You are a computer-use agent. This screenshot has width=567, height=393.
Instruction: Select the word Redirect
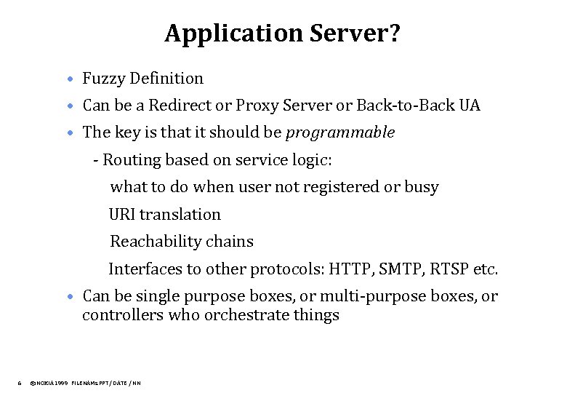[x=179, y=106]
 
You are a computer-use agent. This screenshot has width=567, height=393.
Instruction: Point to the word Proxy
[x=252, y=106]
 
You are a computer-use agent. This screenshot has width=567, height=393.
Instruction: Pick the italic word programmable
[x=340, y=132]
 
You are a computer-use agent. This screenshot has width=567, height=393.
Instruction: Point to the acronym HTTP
[x=350, y=269]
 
